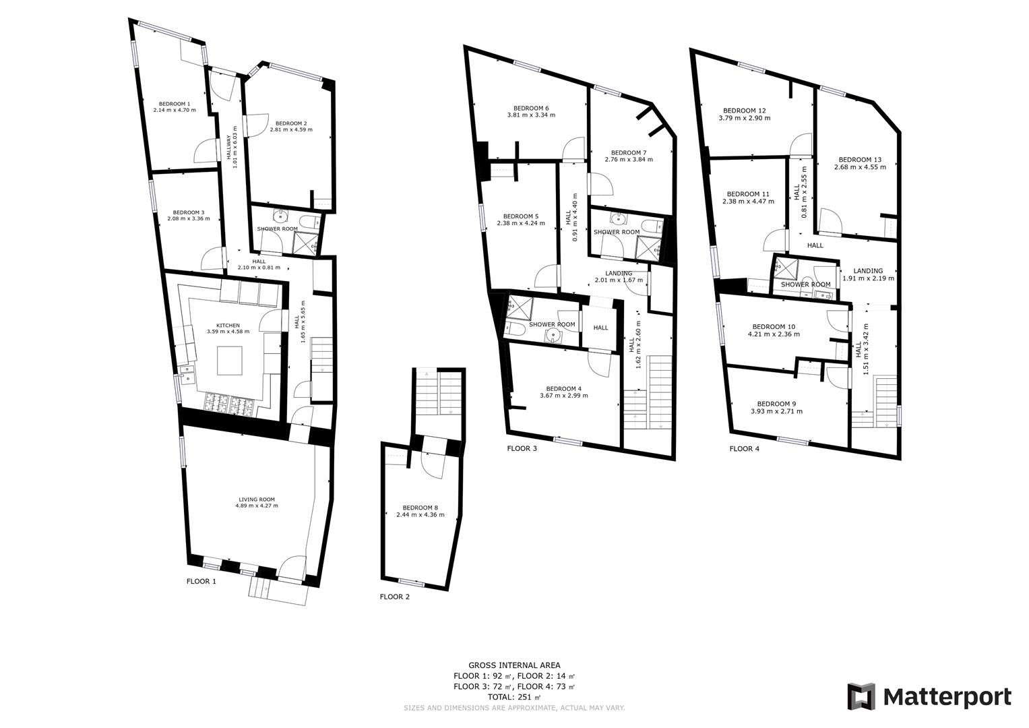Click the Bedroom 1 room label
click(175, 104)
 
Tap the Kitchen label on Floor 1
click(228, 326)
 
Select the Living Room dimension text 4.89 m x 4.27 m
click(257, 506)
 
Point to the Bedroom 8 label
click(420, 508)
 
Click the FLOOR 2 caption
click(395, 597)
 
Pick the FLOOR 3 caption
click(522, 448)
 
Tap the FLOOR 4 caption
click(745, 448)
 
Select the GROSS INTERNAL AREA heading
click(515, 665)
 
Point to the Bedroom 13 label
click(860, 160)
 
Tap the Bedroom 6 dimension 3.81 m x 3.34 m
click(531, 115)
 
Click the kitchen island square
click(230, 361)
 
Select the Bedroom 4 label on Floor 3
click(563, 388)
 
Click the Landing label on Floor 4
click(868, 271)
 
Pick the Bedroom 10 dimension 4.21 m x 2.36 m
click(774, 334)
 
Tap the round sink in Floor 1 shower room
click(279, 216)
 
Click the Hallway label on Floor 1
click(228, 147)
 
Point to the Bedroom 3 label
click(189, 212)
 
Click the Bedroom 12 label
click(745, 111)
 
